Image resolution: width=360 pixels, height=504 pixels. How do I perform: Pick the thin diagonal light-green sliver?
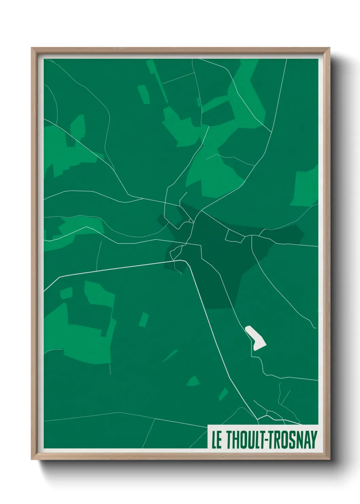[x=170, y=356]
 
